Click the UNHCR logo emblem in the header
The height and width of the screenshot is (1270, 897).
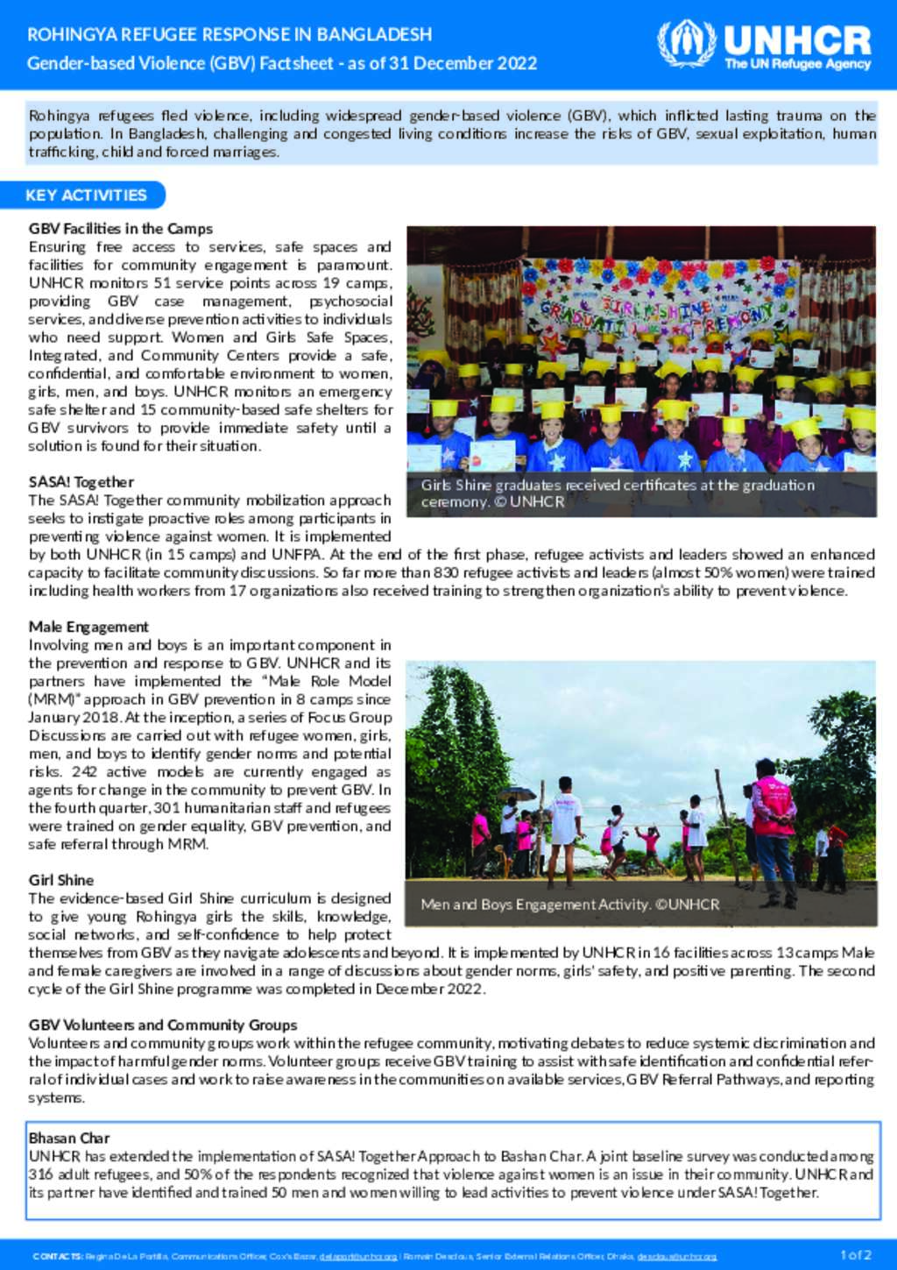pyautogui.click(x=686, y=43)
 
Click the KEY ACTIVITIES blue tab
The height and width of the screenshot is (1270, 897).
pyautogui.click(x=86, y=195)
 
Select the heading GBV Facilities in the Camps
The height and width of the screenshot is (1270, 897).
pyautogui.click(x=121, y=229)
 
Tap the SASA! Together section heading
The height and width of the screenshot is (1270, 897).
pyautogui.click(x=81, y=482)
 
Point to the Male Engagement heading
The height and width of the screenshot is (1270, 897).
pyautogui.click(x=88, y=627)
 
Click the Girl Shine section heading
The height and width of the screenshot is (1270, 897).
pyautogui.click(x=61, y=880)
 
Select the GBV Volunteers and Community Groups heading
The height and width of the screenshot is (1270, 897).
pyautogui.click(x=163, y=1025)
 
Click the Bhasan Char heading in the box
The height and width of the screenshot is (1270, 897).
pyautogui.click(x=69, y=1138)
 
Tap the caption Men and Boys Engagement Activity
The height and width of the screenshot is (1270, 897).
pyautogui.click(x=569, y=904)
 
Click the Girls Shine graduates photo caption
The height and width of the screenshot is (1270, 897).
pyautogui.click(x=618, y=493)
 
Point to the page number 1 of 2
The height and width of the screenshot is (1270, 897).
pyautogui.click(x=855, y=1255)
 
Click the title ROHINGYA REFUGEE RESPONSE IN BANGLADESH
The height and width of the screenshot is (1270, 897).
pyautogui.click(x=230, y=35)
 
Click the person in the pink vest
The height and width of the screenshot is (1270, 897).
pyautogui.click(x=773, y=819)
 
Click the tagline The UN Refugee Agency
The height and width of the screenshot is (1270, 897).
pyautogui.click(x=797, y=64)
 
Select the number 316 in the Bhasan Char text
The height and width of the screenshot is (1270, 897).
pyautogui.click(x=41, y=1174)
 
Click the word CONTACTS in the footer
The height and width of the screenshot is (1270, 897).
pyautogui.click(x=57, y=1256)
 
